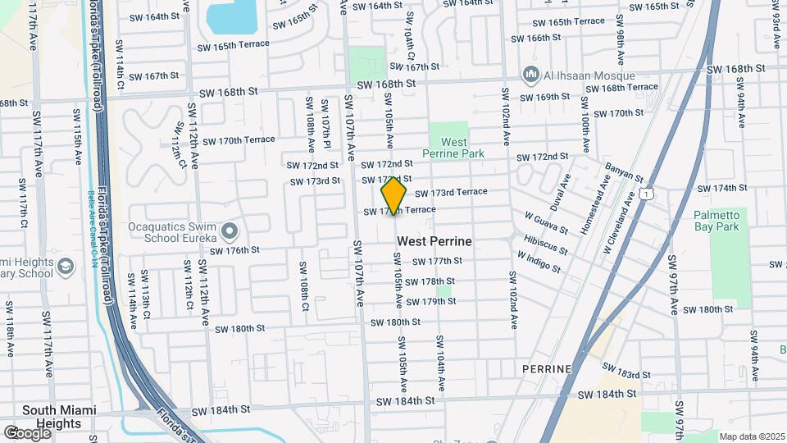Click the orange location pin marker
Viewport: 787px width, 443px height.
(x=394, y=196)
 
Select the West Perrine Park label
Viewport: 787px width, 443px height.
(x=453, y=148)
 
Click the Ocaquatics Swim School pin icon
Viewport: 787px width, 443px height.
(x=229, y=230)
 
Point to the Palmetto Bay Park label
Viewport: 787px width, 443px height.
(x=717, y=221)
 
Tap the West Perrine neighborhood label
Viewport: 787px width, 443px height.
(x=434, y=242)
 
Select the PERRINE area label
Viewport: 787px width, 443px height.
(x=547, y=369)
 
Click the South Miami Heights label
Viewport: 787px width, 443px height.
(x=59, y=417)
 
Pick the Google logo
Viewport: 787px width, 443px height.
(x=27, y=432)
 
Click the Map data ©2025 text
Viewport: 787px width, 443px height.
(x=750, y=436)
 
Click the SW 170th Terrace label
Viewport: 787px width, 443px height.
(x=239, y=139)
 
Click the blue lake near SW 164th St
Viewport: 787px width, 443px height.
(x=232, y=15)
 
